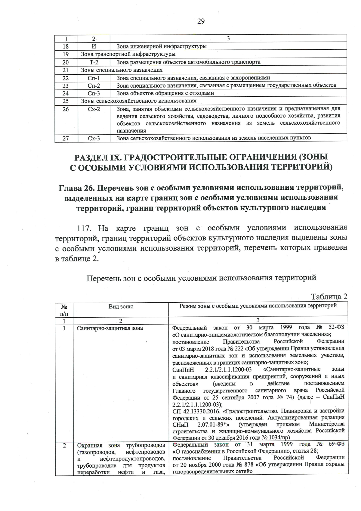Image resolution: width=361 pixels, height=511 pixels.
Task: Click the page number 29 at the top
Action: coord(201,21)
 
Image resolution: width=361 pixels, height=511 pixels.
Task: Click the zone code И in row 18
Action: coord(94,46)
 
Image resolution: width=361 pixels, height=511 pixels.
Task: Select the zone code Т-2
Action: coord(94,62)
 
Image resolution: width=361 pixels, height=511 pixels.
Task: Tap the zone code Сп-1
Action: coord(94,78)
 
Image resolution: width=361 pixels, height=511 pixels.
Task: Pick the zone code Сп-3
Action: coord(94,93)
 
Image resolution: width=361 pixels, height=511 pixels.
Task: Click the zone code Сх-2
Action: coord(94,109)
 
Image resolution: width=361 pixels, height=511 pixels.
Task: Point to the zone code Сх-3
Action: coord(94,138)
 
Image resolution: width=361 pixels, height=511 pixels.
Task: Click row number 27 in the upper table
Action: coord(66,138)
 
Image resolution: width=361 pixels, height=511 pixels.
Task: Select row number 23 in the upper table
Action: coord(66,86)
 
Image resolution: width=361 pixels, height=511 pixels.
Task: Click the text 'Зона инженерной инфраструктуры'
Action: coord(161,46)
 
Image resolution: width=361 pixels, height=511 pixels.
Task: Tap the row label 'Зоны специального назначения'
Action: coord(122,70)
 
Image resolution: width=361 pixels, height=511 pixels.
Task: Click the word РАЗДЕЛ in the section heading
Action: coord(93,157)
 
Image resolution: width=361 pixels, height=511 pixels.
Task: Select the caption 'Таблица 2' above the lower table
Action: coord(329,297)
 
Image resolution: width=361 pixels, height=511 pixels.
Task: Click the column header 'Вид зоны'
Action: coord(121,307)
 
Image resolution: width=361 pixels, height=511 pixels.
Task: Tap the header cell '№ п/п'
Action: coord(64,310)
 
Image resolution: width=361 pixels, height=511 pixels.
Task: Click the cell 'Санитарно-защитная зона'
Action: coord(110,328)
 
